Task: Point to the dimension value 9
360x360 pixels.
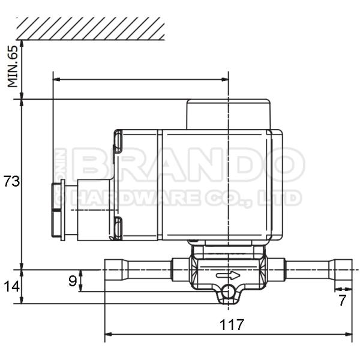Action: [72, 280]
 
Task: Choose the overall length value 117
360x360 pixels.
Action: [232, 325]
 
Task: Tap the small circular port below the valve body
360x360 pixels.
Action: [228, 292]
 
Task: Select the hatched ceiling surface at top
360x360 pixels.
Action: [90, 28]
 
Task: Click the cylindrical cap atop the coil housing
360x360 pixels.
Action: [228, 114]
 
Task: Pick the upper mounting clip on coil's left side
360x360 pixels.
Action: [118, 141]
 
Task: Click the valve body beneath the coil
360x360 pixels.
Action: [228, 264]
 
